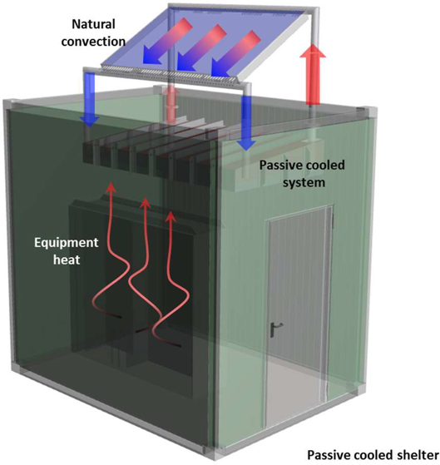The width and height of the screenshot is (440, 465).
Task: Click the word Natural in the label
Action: (93, 24)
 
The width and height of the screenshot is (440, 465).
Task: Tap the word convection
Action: (93, 42)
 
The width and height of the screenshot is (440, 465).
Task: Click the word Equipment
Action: (66, 243)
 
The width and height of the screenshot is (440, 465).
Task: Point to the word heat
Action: (67, 260)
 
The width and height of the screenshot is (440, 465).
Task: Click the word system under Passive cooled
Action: (304, 182)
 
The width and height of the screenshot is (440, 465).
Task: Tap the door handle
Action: (275, 329)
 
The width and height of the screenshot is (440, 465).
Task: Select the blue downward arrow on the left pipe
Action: (90, 100)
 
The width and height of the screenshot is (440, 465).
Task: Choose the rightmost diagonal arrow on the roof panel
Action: (236, 52)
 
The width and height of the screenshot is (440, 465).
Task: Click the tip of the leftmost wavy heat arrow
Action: (111, 183)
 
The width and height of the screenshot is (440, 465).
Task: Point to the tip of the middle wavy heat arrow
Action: (145, 198)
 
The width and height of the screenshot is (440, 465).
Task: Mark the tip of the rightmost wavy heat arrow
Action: (170, 210)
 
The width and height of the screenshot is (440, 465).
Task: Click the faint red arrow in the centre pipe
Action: (171, 104)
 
